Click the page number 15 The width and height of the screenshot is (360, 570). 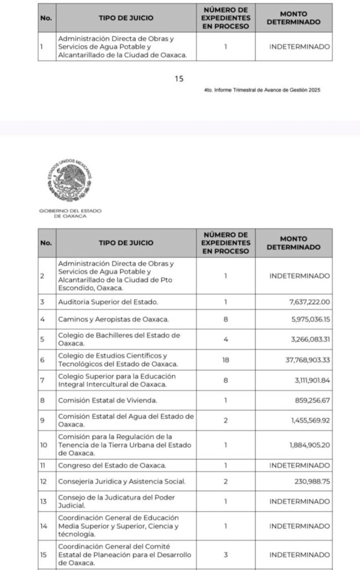179,79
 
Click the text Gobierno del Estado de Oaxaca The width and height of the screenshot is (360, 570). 70,213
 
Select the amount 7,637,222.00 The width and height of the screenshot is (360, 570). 306,302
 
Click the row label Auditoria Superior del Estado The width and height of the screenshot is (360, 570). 109,302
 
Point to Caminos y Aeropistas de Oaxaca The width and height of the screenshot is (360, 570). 114,320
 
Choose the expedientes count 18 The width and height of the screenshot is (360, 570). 225,360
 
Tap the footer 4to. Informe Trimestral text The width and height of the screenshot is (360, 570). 262,90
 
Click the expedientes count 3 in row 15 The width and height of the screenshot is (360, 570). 225,554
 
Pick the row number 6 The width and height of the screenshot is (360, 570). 42,360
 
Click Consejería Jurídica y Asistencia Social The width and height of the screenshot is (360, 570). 121,481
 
